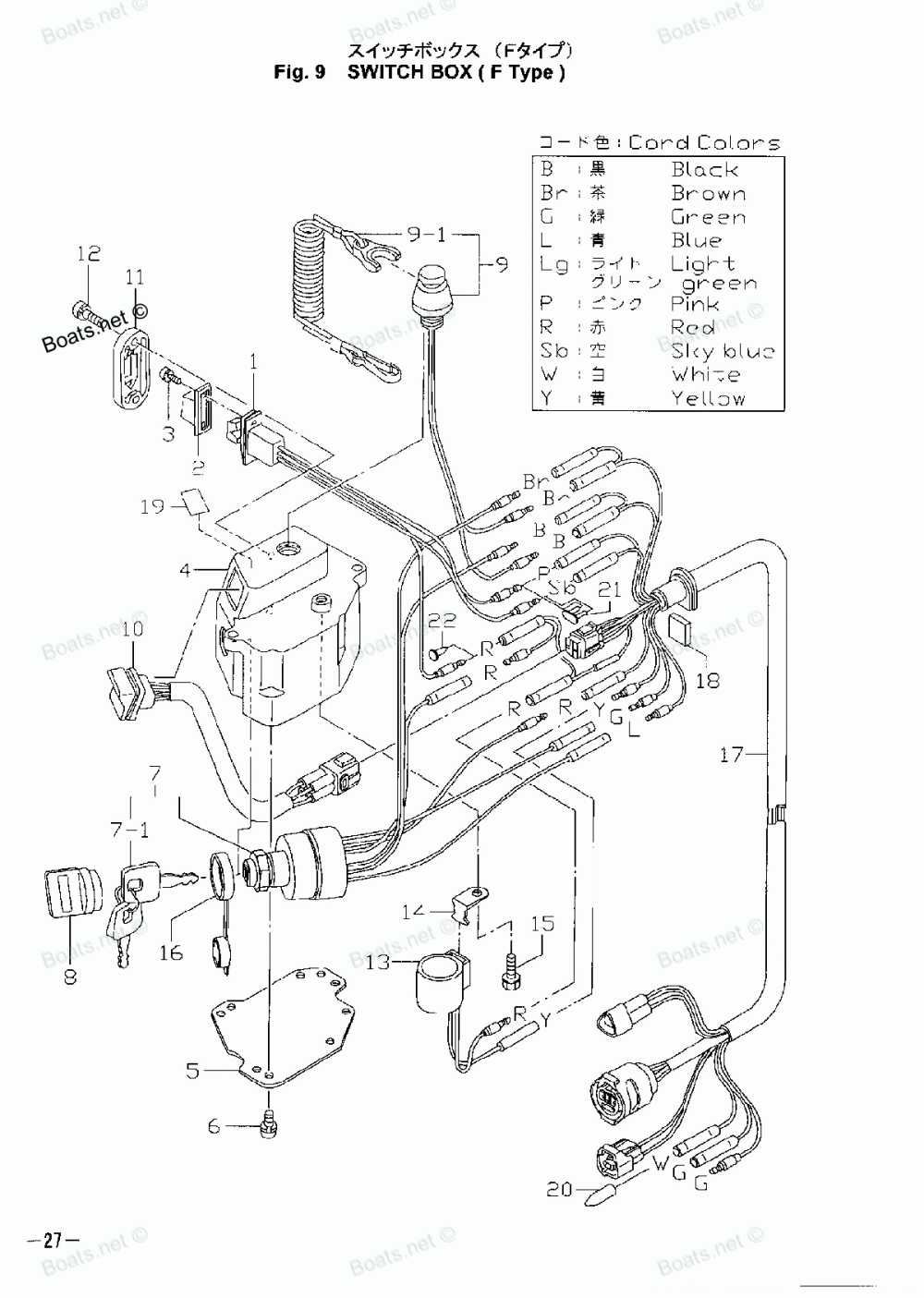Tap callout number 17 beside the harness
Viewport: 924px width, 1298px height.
point(732,756)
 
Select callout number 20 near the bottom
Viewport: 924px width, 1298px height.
point(559,1190)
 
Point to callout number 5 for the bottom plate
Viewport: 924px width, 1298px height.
point(192,1071)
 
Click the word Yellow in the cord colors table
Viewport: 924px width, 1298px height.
point(708,399)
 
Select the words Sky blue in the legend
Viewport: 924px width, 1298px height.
point(723,352)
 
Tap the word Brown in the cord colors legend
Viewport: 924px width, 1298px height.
point(708,193)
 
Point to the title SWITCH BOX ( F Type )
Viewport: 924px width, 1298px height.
point(456,73)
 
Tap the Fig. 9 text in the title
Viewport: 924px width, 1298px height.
point(300,73)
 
